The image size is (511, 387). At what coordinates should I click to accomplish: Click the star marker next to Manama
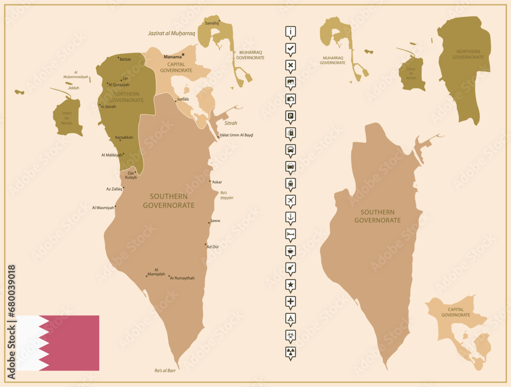coord(183,55)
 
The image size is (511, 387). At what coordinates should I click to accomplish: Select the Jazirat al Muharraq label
coord(172,34)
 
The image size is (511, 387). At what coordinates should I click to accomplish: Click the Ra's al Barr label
coord(165,371)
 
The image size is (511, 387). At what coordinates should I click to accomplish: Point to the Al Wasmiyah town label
coord(103,208)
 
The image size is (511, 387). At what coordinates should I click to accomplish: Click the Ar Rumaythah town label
coord(182,278)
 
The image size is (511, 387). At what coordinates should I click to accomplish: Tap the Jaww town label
coord(215,221)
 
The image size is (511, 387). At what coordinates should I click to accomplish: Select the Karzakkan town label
coord(124,137)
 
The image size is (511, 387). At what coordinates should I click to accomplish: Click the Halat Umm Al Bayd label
coord(236,135)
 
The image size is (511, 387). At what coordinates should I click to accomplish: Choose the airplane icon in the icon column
coord(290,200)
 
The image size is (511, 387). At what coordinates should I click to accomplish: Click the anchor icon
coord(290,216)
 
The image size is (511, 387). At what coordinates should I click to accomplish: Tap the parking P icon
coord(290,115)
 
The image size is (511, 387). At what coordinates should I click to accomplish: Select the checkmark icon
coord(290,48)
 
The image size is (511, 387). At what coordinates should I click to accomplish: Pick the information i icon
coord(290,32)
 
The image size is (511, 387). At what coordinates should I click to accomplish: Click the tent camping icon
coord(290,318)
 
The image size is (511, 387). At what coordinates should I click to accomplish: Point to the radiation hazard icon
coord(290,351)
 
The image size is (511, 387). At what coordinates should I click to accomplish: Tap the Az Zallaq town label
coord(114,189)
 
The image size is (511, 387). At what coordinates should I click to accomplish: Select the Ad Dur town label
coord(213,247)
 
